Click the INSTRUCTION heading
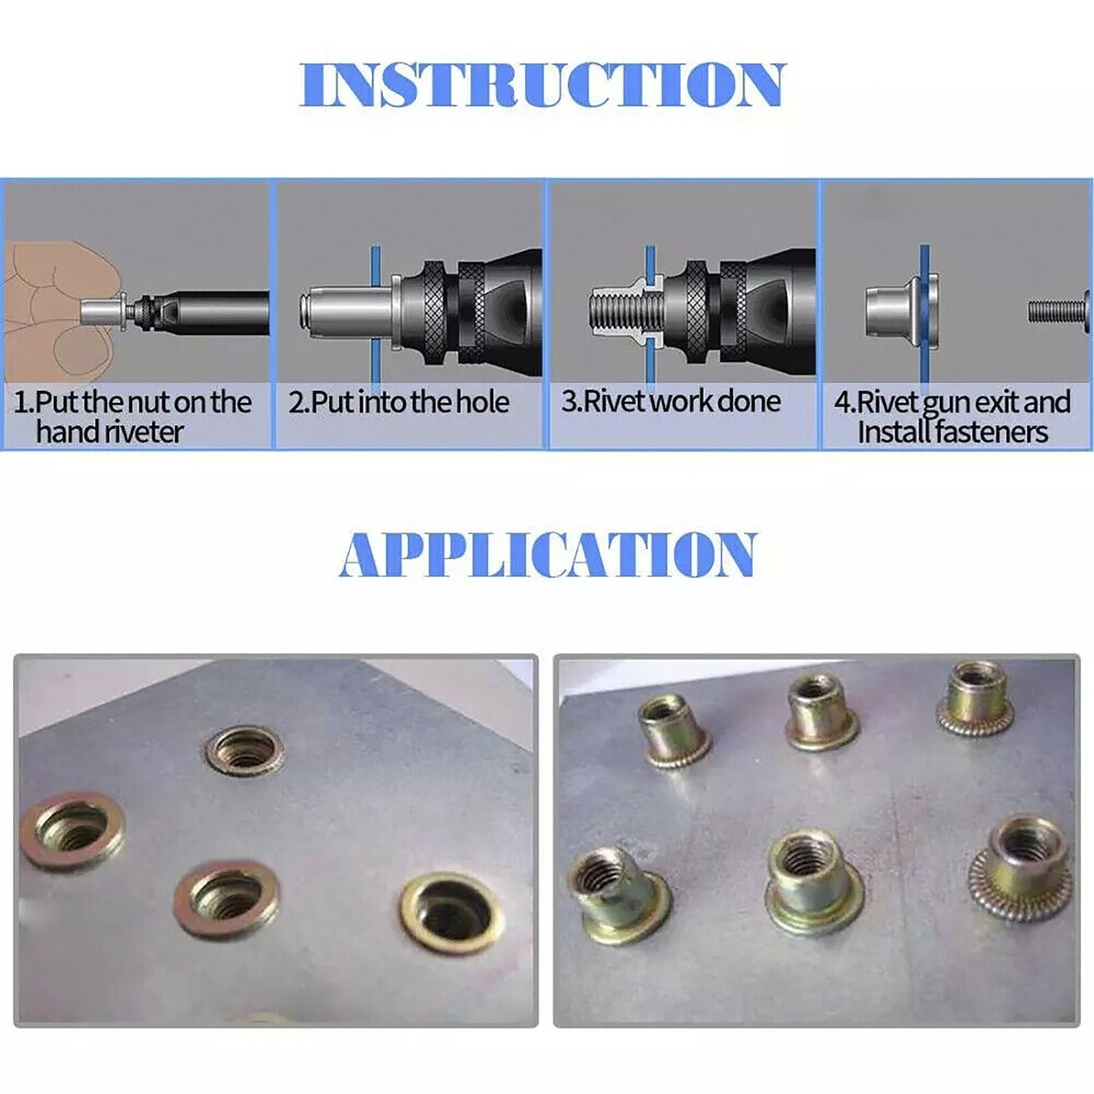(544, 85)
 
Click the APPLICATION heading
(548, 554)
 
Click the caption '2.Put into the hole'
(399, 402)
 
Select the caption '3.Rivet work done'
(671, 401)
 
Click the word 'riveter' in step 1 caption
(144, 432)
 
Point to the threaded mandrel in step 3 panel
(615, 311)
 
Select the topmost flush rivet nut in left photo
(245, 751)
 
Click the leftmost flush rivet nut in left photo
(72, 830)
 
